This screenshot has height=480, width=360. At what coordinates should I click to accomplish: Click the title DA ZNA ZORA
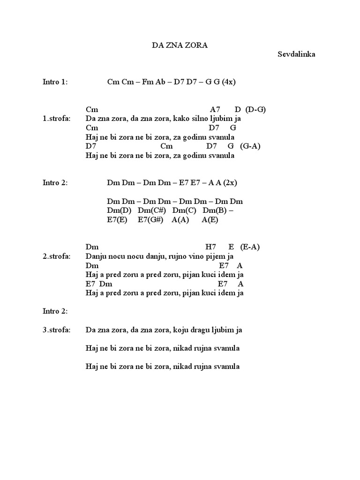[x=180, y=45]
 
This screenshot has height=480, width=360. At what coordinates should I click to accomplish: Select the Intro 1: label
[x=55, y=82]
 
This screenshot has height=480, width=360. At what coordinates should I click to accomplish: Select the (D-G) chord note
[x=255, y=109]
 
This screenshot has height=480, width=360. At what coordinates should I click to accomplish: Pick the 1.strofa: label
[x=57, y=119]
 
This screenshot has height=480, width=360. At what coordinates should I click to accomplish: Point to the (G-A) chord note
[x=250, y=146]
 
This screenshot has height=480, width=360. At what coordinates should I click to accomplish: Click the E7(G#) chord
[x=150, y=219]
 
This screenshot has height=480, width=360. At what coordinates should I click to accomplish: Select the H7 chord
[x=210, y=247]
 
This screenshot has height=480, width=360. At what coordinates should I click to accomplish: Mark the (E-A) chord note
[x=249, y=247]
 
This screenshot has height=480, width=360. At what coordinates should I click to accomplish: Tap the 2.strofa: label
[x=57, y=256]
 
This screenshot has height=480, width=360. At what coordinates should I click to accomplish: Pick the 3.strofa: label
[x=57, y=330]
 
